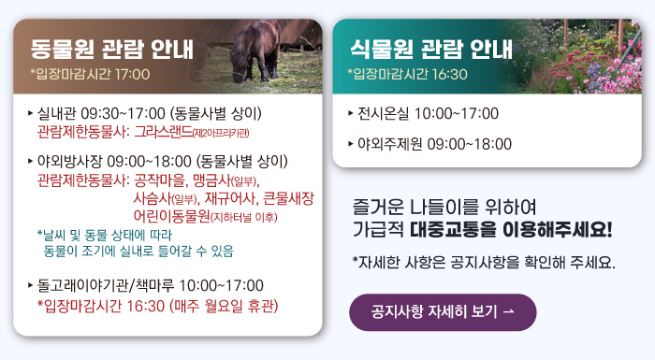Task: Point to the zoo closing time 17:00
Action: click(x=131, y=73)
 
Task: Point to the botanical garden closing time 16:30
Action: click(x=448, y=73)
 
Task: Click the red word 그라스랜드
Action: click(x=168, y=130)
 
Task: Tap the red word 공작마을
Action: click(x=160, y=179)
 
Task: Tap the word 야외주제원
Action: click(x=391, y=144)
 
